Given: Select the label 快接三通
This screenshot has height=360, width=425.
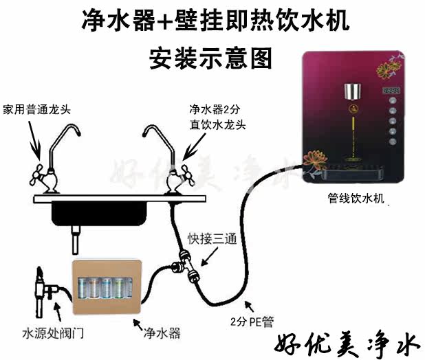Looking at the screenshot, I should click(212, 240).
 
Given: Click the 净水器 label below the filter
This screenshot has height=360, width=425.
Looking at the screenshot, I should click(162, 333).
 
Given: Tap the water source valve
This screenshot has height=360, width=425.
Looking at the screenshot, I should click(39, 293).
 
